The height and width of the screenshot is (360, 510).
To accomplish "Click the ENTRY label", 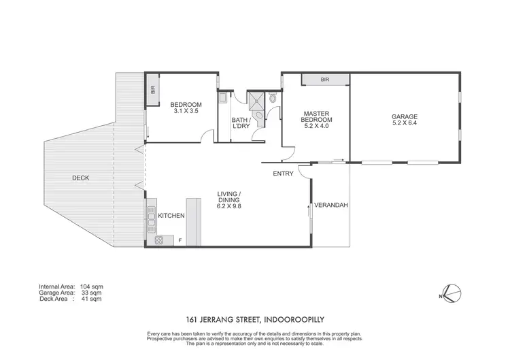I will pyautogui.click(x=283, y=174).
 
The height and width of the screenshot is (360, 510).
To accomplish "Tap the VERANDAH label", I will pyautogui.click(x=328, y=204).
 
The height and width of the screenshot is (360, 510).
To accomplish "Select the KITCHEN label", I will pyautogui.click(x=171, y=216).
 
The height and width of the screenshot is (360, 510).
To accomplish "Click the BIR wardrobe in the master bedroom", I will pyautogui.click(x=324, y=80).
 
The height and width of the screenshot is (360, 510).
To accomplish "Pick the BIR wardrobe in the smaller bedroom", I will pyautogui.click(x=153, y=89).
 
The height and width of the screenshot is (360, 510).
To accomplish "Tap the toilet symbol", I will pyautogui.click(x=273, y=99).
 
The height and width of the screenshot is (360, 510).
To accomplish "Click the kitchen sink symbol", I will pyautogui.click(x=150, y=220).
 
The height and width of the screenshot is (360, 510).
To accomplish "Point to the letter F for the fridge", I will pyautogui.click(x=180, y=240).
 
